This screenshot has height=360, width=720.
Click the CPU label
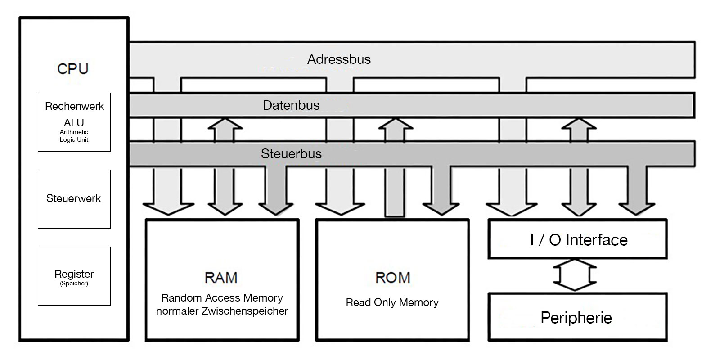[x=73, y=69]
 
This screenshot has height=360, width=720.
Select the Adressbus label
[x=339, y=59]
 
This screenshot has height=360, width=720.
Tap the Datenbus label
[x=291, y=105]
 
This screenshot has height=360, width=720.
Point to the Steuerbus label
[x=291, y=154]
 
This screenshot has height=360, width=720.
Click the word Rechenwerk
[x=74, y=107]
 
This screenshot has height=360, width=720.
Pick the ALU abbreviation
[x=74, y=122]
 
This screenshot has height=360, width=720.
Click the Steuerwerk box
[x=74, y=199]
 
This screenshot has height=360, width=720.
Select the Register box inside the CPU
[x=74, y=275]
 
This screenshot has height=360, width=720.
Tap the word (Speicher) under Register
[x=74, y=283]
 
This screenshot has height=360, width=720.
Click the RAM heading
[x=221, y=278]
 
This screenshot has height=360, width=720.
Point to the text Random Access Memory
[x=222, y=298]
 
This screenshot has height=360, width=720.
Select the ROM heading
[x=392, y=278]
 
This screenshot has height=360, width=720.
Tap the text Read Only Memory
[x=392, y=302]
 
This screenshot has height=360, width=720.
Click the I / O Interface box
[x=578, y=239]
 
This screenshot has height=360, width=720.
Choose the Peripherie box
[x=577, y=318]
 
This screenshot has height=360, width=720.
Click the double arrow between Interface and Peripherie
[x=575, y=275]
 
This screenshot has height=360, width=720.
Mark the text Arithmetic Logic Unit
[x=74, y=136]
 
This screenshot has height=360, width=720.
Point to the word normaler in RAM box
[x=177, y=311]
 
